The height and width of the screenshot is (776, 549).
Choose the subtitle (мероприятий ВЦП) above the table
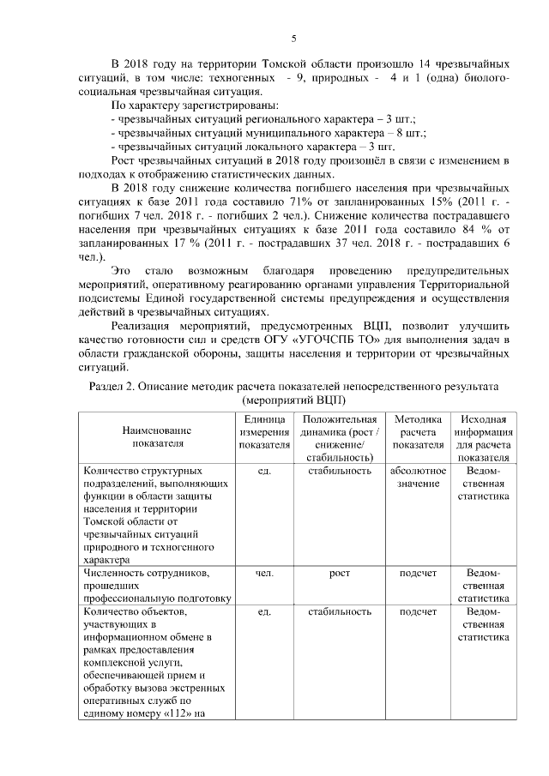tap(293, 400)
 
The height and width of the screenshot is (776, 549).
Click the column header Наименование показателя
tap(159, 436)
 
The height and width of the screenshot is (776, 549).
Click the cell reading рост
tap(339, 572)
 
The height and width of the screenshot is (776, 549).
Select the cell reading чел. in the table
tap(264, 572)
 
